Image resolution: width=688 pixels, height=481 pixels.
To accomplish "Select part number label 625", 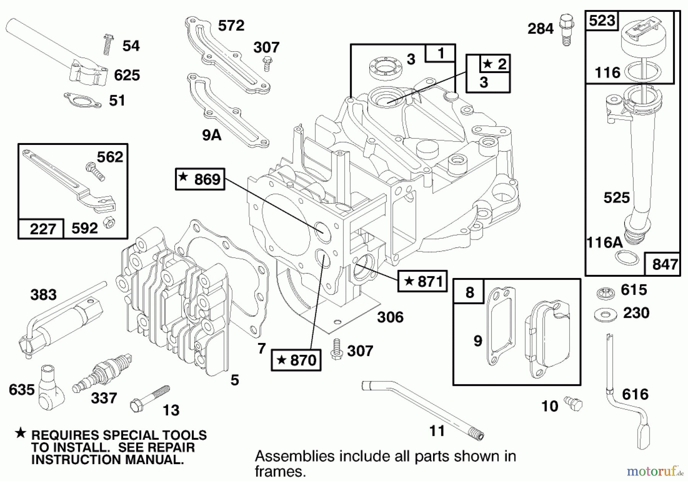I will coord(127,75).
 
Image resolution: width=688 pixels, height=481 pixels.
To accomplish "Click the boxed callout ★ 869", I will coord(200,179).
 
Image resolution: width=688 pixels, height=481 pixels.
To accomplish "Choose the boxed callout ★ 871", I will coord(422,281).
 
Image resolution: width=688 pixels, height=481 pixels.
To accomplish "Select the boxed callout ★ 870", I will coord(296,360).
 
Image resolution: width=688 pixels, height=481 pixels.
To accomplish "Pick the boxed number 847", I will coord(665,264).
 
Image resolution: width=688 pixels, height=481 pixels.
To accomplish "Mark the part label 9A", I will coord(212,135).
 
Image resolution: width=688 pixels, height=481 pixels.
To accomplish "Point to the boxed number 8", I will coord(469,292).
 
